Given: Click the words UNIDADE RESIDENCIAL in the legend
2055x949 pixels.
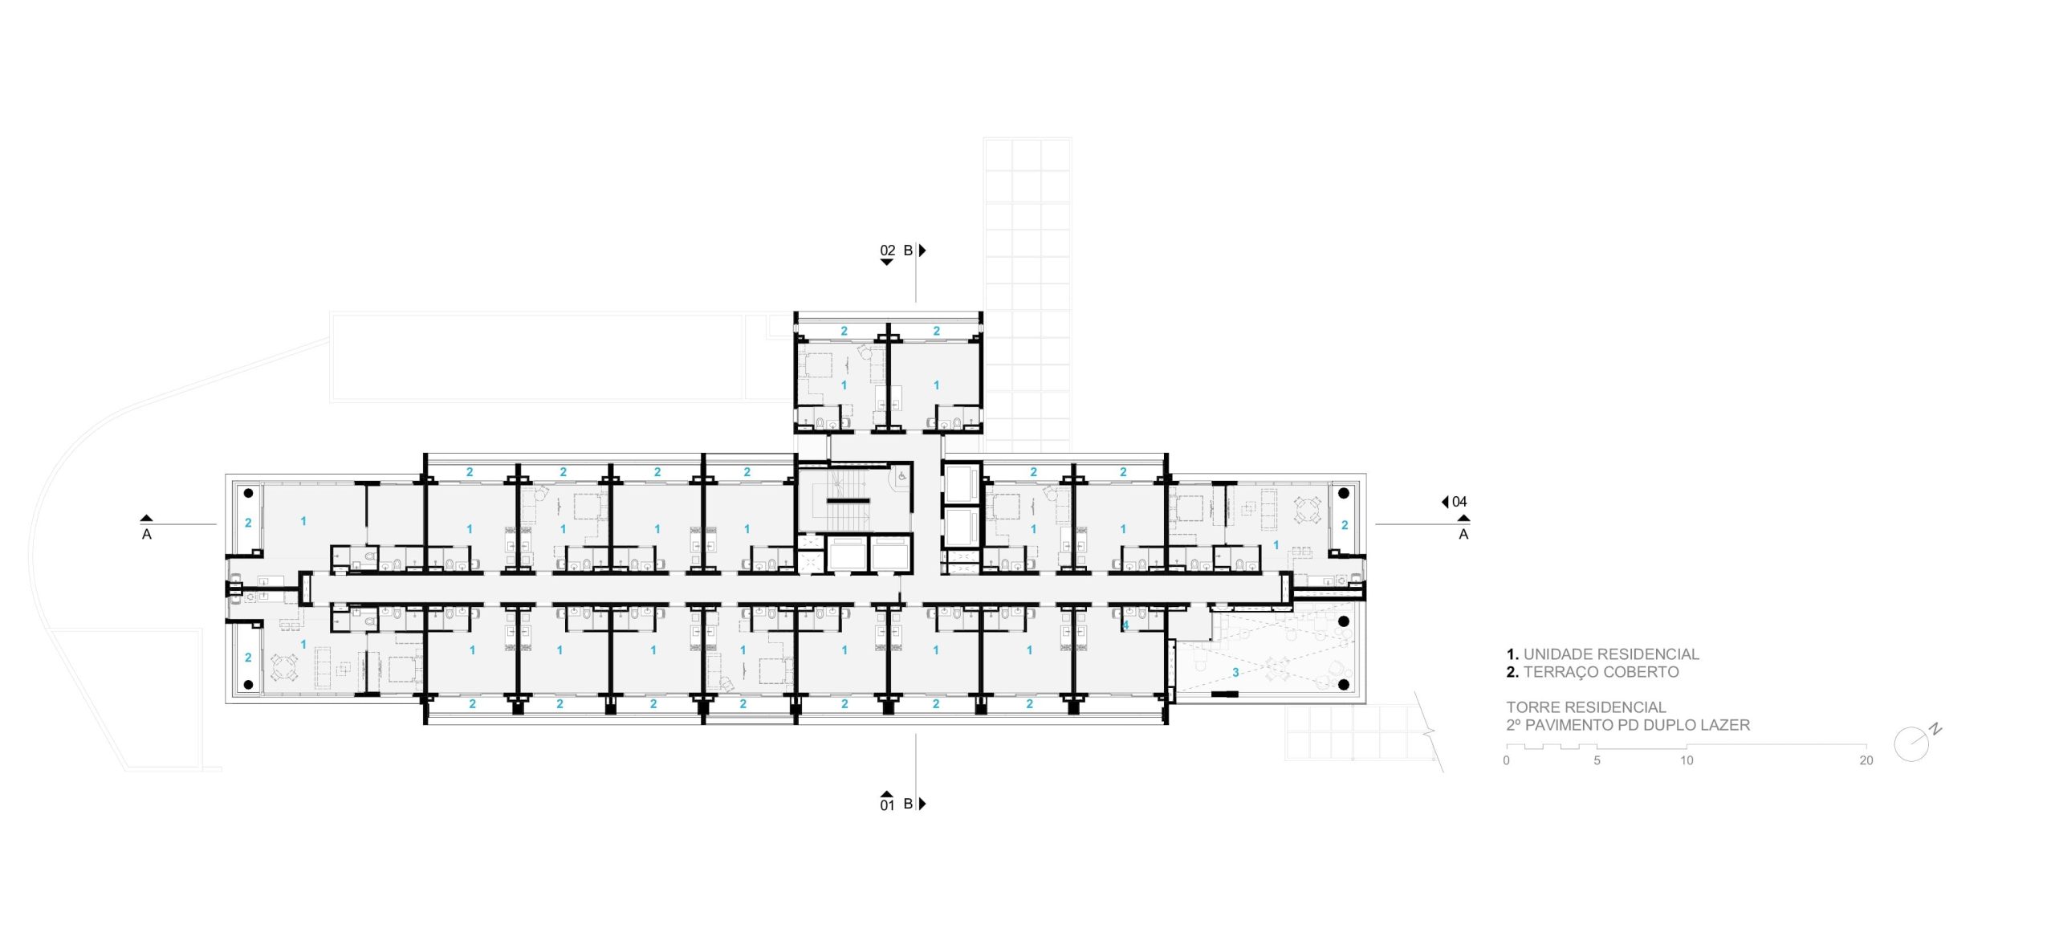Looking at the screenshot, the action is (1611, 654).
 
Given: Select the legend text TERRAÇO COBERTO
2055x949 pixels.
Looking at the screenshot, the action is (1601, 672).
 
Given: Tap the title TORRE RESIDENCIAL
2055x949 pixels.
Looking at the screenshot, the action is (1586, 707).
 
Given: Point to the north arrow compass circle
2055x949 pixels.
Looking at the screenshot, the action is (1911, 744).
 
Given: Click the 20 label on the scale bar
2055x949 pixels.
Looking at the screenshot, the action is (1866, 760).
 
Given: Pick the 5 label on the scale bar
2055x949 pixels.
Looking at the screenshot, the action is (1597, 760).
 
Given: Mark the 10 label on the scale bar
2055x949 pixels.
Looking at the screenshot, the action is (1687, 760).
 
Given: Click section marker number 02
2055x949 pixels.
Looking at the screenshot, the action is (887, 250).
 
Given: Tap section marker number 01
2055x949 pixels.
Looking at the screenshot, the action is (887, 805).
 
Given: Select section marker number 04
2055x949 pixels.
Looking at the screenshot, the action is (1459, 502).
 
